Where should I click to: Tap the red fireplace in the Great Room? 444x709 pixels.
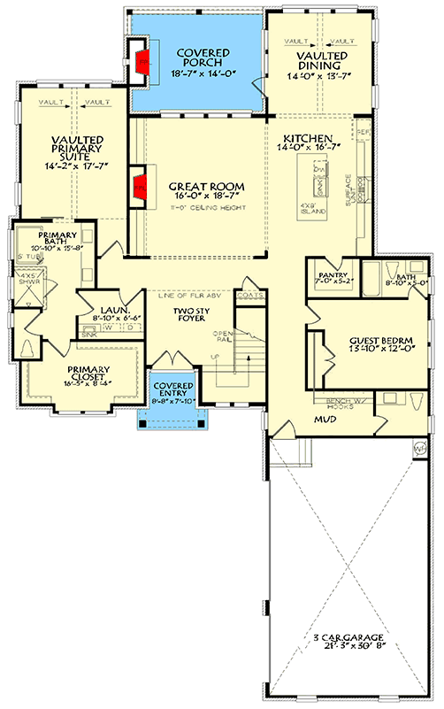[x=139, y=188]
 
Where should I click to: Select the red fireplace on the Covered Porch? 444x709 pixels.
[x=141, y=60]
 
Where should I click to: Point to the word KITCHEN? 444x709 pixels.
[x=307, y=138]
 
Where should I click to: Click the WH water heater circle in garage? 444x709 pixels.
[x=421, y=448]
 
